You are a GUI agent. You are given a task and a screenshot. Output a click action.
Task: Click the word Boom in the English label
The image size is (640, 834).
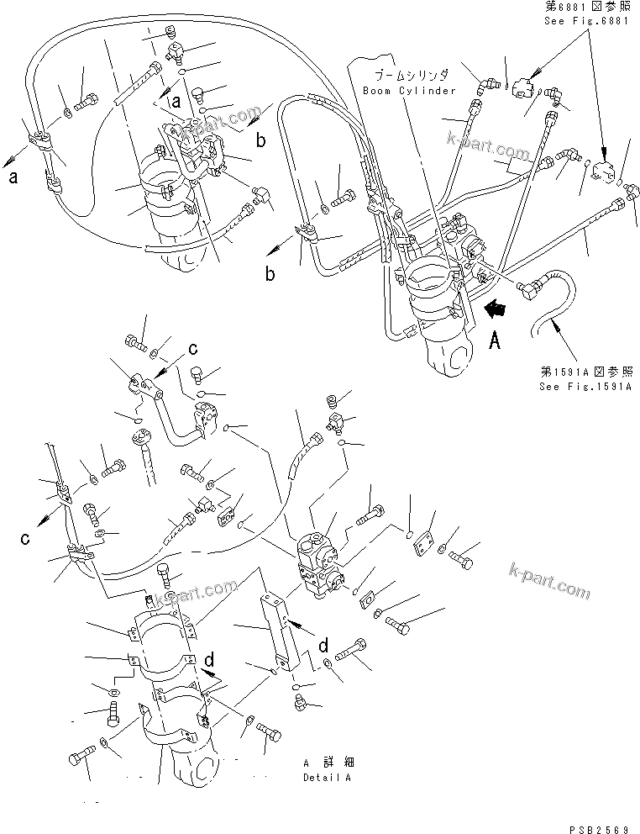(377, 90)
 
